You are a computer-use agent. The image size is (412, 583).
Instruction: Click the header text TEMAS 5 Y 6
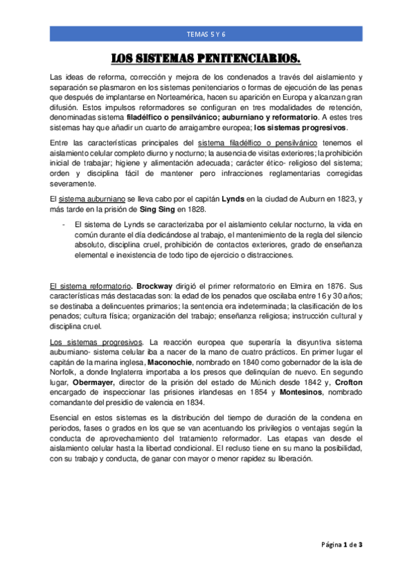tap(206, 33)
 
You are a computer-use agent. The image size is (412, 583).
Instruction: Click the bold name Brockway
tap(157, 285)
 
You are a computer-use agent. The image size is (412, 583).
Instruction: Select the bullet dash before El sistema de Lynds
tap(63, 224)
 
